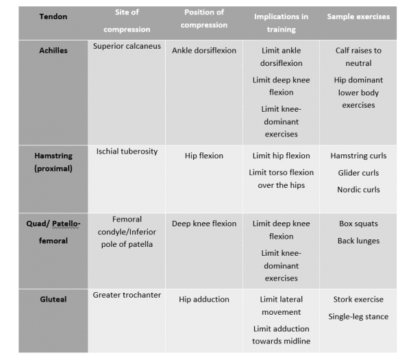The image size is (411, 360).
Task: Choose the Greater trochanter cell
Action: (127, 295)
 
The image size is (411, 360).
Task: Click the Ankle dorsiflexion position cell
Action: (203, 50)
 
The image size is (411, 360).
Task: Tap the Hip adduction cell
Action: (203, 299)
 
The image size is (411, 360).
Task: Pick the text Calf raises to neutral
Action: (357, 57)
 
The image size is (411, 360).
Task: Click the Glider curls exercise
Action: (358, 173)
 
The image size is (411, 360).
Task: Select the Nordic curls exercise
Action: (358, 189)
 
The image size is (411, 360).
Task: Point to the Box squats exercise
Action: (358, 224)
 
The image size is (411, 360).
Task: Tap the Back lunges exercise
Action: (358, 241)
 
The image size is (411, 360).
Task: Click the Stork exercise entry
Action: (358, 299)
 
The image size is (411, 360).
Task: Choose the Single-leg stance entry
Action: (358, 316)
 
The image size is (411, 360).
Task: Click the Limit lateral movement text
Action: (281, 306)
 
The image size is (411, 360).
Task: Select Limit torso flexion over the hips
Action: (281, 179)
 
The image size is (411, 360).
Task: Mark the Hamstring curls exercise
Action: (358, 156)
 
